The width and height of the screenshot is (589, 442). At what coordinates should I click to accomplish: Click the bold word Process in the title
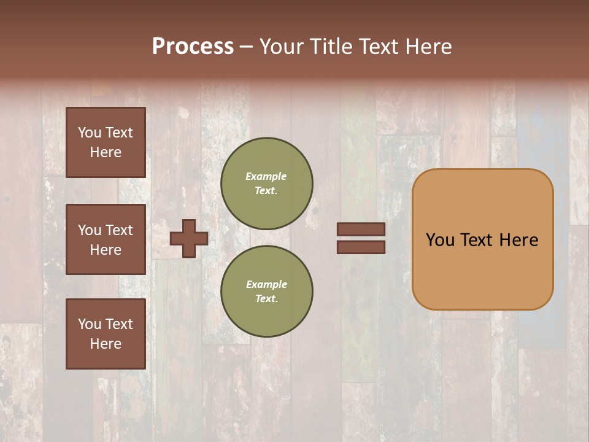(x=193, y=47)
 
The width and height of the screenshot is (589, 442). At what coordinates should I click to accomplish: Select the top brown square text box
(x=106, y=142)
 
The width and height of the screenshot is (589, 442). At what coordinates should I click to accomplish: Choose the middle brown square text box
(x=106, y=239)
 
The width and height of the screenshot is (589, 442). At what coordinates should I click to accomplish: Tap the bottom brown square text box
(x=106, y=334)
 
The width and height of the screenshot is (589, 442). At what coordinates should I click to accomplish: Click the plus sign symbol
(x=189, y=238)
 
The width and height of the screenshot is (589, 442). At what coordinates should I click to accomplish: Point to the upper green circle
(x=266, y=183)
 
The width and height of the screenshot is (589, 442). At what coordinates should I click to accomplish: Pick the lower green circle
(x=266, y=291)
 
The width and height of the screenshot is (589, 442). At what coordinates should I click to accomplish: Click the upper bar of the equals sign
(x=361, y=229)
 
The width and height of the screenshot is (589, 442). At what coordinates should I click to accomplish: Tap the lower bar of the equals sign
(x=361, y=247)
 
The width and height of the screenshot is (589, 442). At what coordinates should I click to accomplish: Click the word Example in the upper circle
(x=266, y=176)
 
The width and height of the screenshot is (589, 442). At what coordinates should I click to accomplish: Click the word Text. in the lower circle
(x=266, y=298)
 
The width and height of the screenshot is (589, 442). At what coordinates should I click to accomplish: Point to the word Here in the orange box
(x=518, y=240)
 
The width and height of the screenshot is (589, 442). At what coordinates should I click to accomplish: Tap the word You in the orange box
(x=440, y=240)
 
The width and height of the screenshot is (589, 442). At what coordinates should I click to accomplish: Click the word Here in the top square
(x=106, y=152)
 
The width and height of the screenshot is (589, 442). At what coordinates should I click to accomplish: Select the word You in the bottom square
(x=90, y=324)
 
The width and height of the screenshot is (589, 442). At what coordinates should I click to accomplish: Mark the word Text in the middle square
(x=118, y=230)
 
